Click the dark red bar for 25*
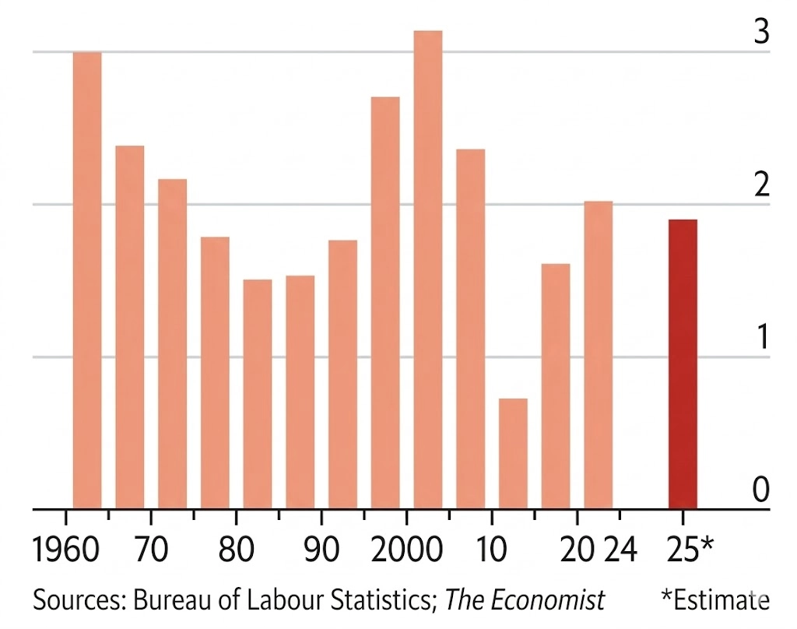pos(683,364)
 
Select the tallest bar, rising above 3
pos(428,269)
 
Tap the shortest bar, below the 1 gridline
pos(513,454)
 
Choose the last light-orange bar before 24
pos(599,355)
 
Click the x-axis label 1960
pos(67,550)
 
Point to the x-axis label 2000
pos(406,550)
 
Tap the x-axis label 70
pos(151,550)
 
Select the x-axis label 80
pos(236,550)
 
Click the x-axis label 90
pos(321,550)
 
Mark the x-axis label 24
pos(620,550)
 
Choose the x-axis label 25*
pos(689,550)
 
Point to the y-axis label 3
pos(761,33)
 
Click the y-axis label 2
pos(761,185)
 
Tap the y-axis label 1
pos(761,338)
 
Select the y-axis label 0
pos(761,490)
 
